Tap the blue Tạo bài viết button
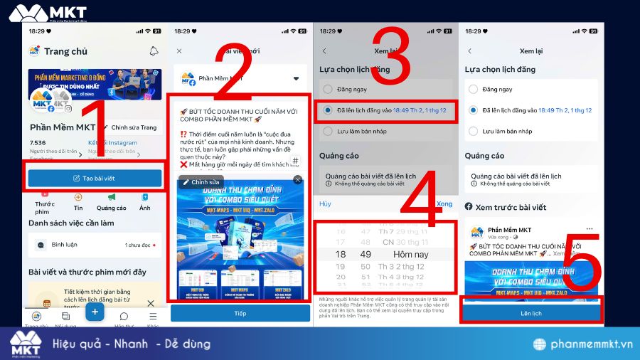(95, 178)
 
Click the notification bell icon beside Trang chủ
(154, 51)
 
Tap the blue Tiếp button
(240, 313)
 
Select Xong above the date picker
(444, 204)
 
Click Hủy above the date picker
(325, 204)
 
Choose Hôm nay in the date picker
(411, 254)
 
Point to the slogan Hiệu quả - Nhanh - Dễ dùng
(132, 344)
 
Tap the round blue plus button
(95, 312)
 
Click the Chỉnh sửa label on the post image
(201, 182)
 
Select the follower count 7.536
(38, 142)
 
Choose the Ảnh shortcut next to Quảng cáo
(145, 208)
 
